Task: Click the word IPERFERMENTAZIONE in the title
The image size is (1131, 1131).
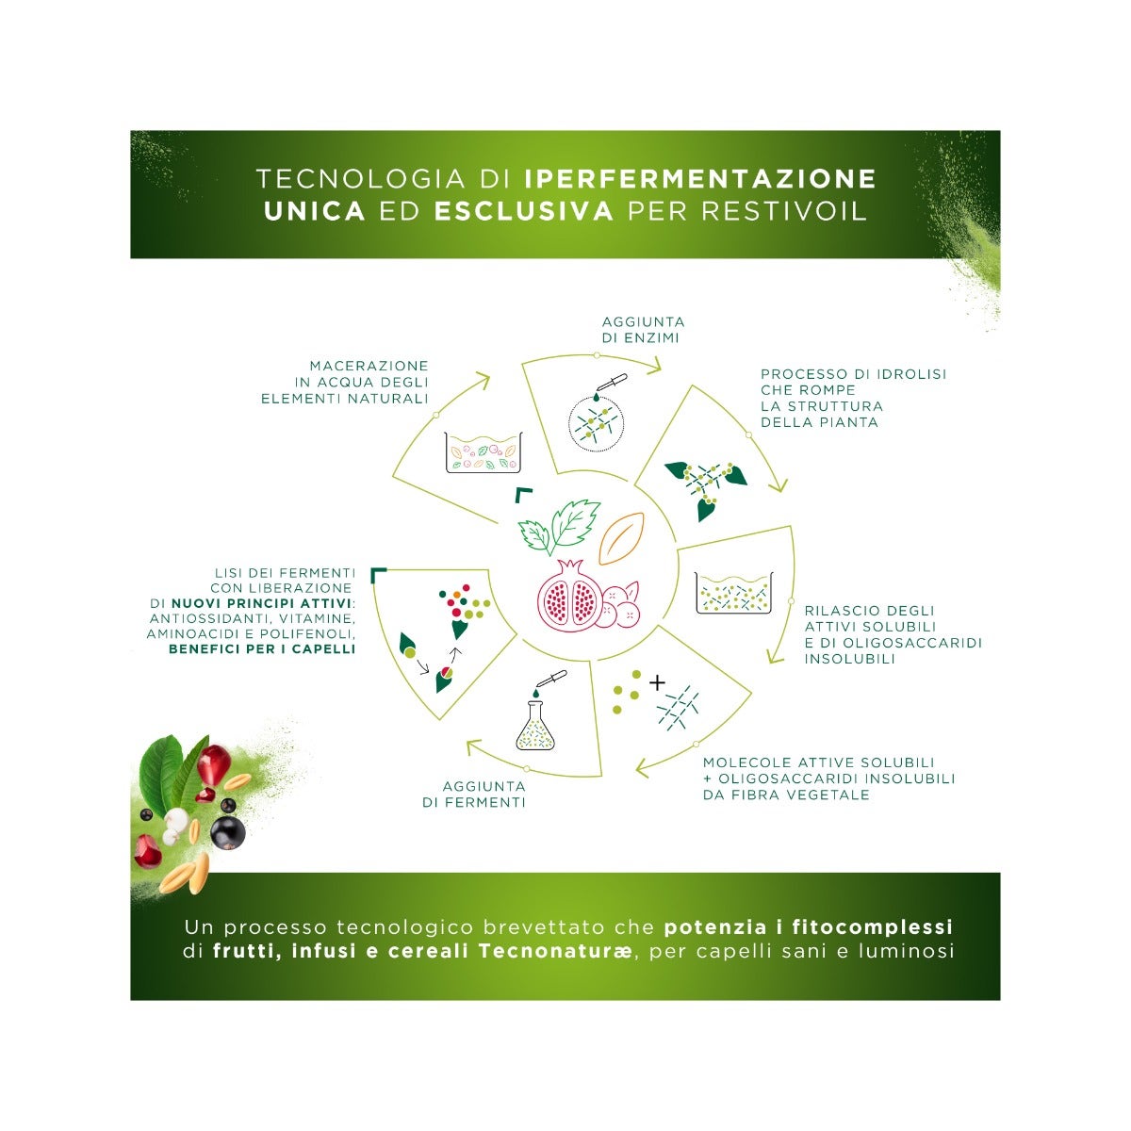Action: (699, 178)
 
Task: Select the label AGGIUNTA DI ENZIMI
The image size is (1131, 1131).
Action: (643, 330)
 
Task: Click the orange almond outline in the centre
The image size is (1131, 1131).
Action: (621, 534)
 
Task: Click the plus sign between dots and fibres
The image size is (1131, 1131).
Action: (657, 681)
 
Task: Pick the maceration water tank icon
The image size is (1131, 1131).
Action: (483, 451)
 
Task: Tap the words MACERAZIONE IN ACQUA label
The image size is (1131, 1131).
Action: (345, 382)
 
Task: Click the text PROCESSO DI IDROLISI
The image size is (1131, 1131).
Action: (853, 374)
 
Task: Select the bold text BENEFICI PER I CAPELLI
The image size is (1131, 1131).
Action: (261, 649)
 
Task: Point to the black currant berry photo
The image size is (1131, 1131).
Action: (227, 832)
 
